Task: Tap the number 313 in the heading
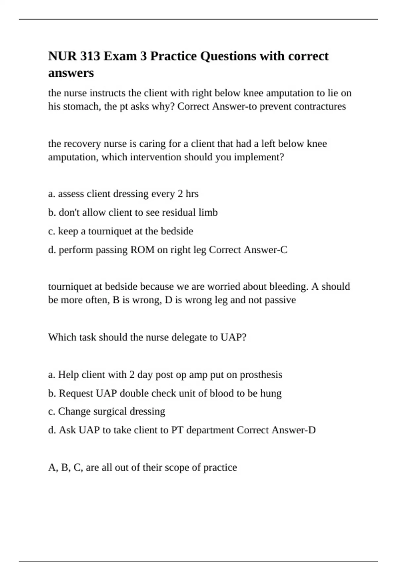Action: click(x=89, y=56)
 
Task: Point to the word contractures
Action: click(x=320, y=106)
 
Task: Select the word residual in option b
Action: click(x=179, y=212)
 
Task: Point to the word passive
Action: click(x=280, y=300)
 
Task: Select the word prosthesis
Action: click(x=261, y=375)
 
